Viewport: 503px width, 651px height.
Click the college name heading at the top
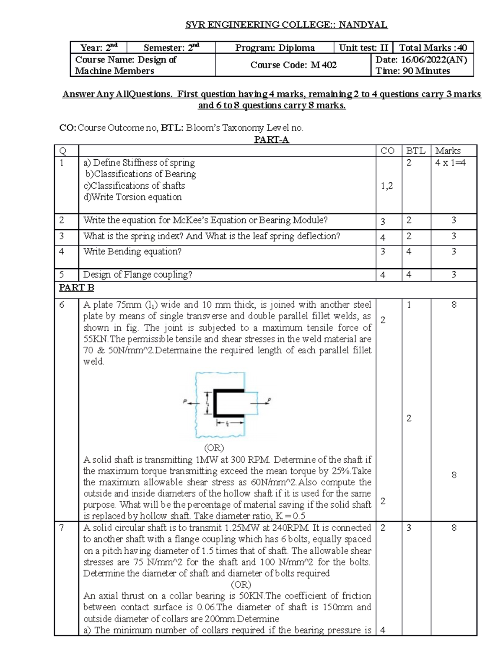click(x=287, y=25)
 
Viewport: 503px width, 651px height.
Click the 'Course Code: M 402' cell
click(x=293, y=65)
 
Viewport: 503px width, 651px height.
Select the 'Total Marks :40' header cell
click(x=433, y=48)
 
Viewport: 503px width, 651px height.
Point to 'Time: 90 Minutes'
click(x=413, y=71)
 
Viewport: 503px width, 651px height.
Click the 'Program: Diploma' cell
click(x=275, y=48)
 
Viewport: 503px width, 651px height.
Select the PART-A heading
click(x=272, y=140)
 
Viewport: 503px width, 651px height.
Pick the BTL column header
click(x=416, y=151)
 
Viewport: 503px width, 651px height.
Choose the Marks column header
click(x=448, y=151)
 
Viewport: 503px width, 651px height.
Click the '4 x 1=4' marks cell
click(x=450, y=163)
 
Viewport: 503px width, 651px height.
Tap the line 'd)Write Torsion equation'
click(x=133, y=197)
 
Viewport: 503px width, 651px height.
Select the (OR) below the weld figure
click(x=214, y=448)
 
